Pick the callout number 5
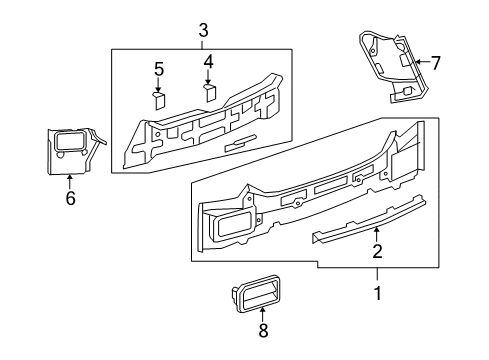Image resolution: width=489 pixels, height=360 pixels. point(158,68)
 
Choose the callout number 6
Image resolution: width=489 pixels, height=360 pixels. point(69,200)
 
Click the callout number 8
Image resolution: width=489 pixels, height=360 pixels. point(264,331)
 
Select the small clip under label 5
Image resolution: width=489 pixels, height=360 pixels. point(159,98)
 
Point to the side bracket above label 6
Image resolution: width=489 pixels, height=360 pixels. point(69,150)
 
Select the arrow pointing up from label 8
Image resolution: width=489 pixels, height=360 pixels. point(263,316)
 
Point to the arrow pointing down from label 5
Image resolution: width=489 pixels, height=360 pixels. point(158,84)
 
